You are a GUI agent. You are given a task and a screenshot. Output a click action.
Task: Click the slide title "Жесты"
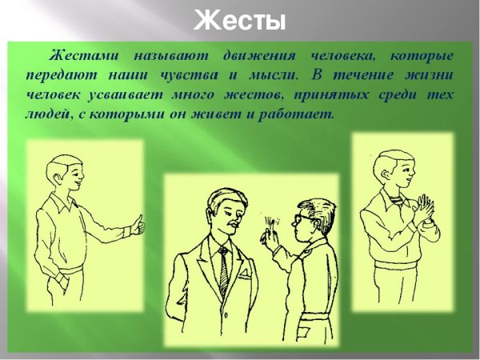[239, 19]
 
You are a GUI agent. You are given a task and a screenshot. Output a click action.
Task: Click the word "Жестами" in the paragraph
[83, 57]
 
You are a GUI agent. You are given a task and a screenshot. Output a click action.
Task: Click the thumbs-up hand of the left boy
[138, 226]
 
